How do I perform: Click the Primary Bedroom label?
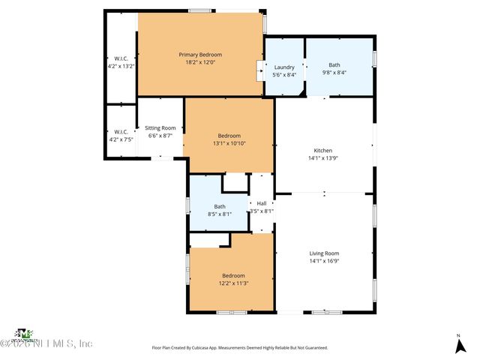pyautogui.click(x=199, y=55)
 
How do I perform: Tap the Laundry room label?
pyautogui.click(x=284, y=67)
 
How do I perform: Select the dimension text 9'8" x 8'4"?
pyautogui.click(x=334, y=74)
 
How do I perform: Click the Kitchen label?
pyautogui.click(x=322, y=151)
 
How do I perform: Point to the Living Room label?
pyautogui.click(x=324, y=253)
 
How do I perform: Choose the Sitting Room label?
pyautogui.click(x=160, y=128)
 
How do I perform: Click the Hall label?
pyautogui.click(x=261, y=203)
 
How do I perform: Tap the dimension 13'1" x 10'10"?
pyautogui.click(x=229, y=143)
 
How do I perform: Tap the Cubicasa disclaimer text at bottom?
pyautogui.click(x=239, y=348)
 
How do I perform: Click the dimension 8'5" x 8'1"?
pyautogui.click(x=219, y=214)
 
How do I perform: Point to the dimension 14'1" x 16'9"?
pyautogui.click(x=324, y=261)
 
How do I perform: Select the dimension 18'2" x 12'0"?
pyautogui.click(x=199, y=62)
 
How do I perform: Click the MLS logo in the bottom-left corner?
pyautogui.click(x=25, y=334)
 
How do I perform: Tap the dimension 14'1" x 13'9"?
pyautogui.click(x=322, y=158)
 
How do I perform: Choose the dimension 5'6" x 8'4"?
pyautogui.click(x=284, y=75)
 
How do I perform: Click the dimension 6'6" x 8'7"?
pyautogui.click(x=160, y=136)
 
